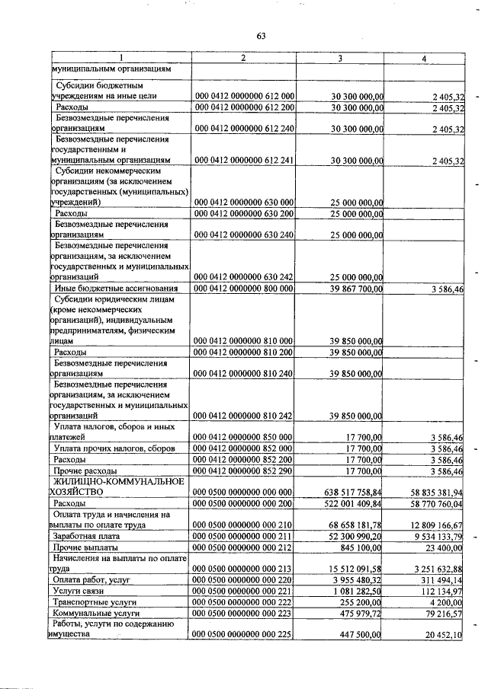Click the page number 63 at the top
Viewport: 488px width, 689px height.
pos(261,36)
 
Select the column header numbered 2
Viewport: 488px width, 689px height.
pos(242,58)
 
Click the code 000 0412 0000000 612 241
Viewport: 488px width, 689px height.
pos(245,161)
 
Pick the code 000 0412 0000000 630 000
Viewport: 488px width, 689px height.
pos(245,203)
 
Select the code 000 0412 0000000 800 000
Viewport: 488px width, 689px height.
pos(245,289)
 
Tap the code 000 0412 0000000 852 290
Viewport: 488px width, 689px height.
pos(245,471)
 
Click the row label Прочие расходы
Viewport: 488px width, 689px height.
pos(84,471)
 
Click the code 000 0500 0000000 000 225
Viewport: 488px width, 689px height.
pos(245,633)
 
